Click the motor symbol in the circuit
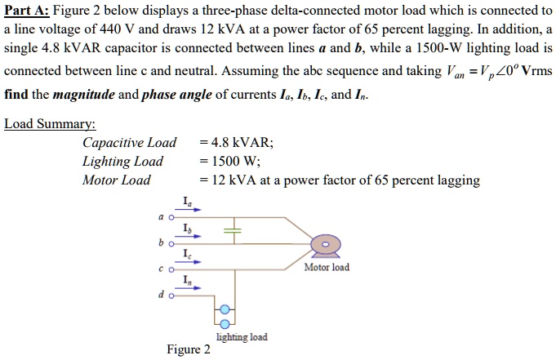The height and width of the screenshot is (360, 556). coord(325,244)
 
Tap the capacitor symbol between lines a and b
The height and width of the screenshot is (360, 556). coord(234,231)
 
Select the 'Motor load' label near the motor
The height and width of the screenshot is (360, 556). coord(326,267)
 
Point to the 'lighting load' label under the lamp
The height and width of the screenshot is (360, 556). coord(241,337)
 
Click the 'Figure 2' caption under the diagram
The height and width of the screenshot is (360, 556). coord(189,350)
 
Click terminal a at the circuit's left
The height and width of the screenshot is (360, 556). coord(170,218)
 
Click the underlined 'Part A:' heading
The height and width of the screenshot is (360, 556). coord(26,11)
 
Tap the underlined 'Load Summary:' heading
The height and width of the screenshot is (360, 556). coord(50,124)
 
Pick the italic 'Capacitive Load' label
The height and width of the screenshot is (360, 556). coord(129,143)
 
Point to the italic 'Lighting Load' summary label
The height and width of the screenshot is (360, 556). coord(122,161)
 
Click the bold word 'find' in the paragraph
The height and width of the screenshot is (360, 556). coord(16,95)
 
